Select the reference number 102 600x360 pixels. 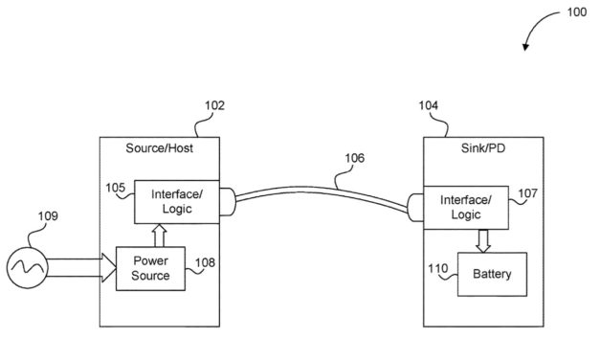[x=214, y=107]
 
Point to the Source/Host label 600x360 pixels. [x=159, y=147]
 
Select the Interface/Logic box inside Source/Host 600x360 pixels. [x=176, y=202]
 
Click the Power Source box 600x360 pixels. [x=150, y=267]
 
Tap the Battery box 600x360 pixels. [x=492, y=275]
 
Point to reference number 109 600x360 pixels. [x=48, y=215]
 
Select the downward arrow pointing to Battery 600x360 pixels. [x=483, y=240]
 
